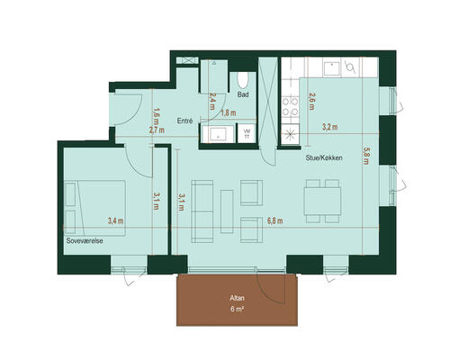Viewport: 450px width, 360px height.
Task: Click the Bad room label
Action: pos(243,94)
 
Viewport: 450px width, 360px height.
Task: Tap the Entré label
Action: pos(184,121)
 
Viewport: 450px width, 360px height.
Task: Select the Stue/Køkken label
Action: pos(324,157)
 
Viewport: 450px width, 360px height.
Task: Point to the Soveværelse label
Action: pos(85,240)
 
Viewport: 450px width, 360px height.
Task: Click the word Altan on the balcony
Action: pos(237,298)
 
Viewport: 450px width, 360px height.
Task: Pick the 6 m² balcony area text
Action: pos(237,310)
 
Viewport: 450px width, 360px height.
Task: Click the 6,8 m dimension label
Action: pos(275,221)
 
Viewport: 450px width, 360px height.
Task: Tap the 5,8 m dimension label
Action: pos(366,156)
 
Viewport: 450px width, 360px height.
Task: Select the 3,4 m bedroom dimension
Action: pos(116,221)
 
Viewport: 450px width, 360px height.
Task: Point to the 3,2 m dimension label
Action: pos(330,127)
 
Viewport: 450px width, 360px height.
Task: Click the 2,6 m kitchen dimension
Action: pos(312,101)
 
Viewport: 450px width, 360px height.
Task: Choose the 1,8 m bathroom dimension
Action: pos(229,113)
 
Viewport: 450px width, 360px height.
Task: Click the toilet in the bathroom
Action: pos(243,80)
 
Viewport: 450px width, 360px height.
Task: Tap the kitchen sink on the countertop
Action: pos(331,68)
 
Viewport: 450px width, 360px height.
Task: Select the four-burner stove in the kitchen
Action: pos(290,107)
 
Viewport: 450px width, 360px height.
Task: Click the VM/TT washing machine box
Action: pos(247,133)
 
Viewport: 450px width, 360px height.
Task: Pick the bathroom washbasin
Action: pos(218,134)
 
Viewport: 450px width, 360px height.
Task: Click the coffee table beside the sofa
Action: pos(227,211)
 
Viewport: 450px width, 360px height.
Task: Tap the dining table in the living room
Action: pos(322,201)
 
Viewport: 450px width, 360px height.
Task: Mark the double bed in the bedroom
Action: pos(94,208)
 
